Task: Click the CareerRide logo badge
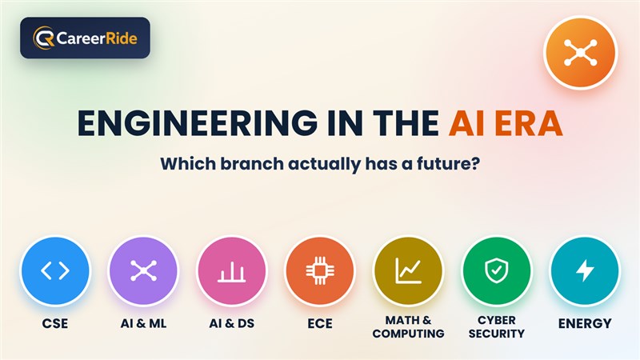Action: tap(85, 38)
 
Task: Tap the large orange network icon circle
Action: tap(581, 53)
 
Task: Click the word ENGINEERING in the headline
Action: tap(197, 123)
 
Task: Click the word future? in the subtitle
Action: tap(448, 164)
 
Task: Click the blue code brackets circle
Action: tap(55, 271)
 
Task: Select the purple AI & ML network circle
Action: tap(143, 271)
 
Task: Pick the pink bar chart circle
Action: tap(231, 271)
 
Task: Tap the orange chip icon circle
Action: tap(320, 271)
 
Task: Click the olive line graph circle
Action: tap(408, 271)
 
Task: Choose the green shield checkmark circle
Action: tap(496, 271)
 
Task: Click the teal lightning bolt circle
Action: tap(585, 271)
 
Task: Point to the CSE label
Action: tap(55, 324)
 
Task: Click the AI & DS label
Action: tap(231, 324)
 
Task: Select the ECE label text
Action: tap(320, 324)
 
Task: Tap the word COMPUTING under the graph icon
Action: tap(408, 334)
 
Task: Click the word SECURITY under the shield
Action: tap(496, 334)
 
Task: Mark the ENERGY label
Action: tap(585, 324)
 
